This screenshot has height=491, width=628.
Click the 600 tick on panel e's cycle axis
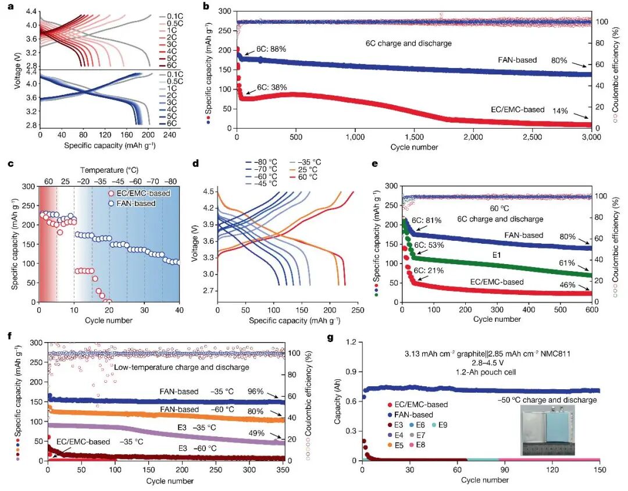592,310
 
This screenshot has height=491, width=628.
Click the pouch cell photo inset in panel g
548,430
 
